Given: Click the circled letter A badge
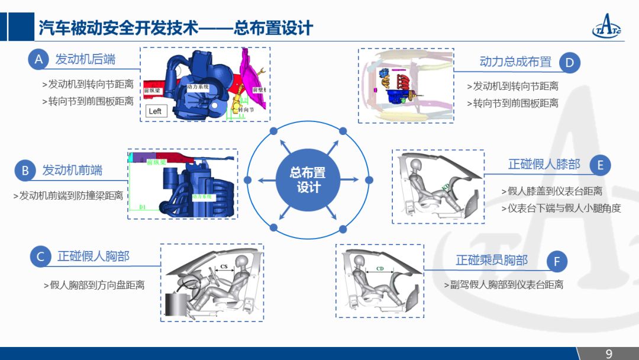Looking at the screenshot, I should click(x=39, y=59).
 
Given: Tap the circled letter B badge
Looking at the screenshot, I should click(x=25, y=171).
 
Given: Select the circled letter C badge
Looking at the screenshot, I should click(x=41, y=256).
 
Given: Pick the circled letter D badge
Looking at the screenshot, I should click(x=569, y=63).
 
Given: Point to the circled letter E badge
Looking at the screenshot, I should click(x=600, y=165).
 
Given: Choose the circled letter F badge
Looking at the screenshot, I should click(x=556, y=261).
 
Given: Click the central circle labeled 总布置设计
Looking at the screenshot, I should click(x=308, y=180).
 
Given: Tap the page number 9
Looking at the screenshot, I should click(x=609, y=353).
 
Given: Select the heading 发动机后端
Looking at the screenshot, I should click(x=85, y=59).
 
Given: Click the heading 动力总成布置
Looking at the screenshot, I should click(x=515, y=62).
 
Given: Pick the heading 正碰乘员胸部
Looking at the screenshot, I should click(x=492, y=261).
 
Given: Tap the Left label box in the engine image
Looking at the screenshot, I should click(x=155, y=111).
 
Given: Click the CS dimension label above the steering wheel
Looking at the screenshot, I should click(x=224, y=267).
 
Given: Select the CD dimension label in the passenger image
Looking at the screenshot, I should click(x=380, y=268).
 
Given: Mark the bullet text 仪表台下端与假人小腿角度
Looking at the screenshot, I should click(x=564, y=208).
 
